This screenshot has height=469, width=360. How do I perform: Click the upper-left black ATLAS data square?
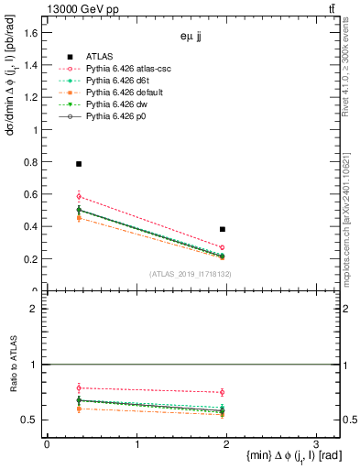(x=79, y=164)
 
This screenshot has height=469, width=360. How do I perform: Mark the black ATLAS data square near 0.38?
(x=223, y=229)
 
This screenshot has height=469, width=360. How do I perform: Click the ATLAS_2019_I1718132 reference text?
(x=190, y=274)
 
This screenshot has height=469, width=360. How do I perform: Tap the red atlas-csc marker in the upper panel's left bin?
(x=79, y=196)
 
